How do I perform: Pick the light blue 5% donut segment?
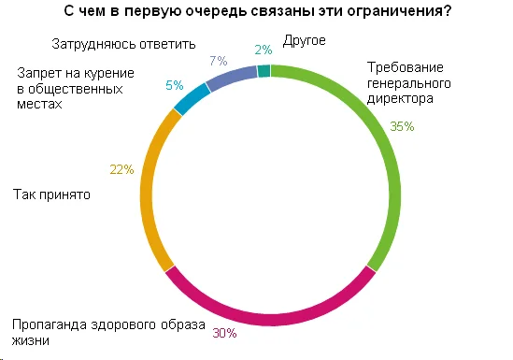pyautogui.click(x=192, y=97)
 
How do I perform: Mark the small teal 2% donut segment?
pyautogui.click(x=264, y=71)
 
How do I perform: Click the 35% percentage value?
pyautogui.click(x=403, y=127)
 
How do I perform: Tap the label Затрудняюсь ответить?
pyautogui.click(x=109, y=43)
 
